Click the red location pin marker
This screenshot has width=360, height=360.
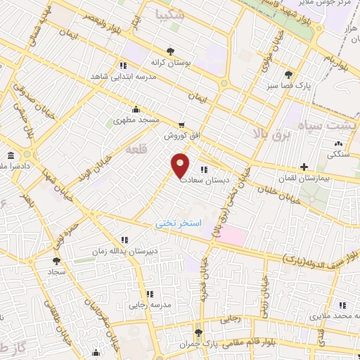[181, 165]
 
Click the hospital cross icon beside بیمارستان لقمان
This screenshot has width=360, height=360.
[304, 167]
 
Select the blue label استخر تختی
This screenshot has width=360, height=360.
[179, 223]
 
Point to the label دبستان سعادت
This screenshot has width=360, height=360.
[203, 179]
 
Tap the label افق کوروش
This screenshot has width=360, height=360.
[179, 134]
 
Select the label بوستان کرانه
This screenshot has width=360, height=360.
[172, 63]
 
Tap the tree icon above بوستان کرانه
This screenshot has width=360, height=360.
[172, 51]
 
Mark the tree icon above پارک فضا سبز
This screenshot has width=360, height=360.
[288, 74]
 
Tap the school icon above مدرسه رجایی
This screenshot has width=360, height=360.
[148, 293]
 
